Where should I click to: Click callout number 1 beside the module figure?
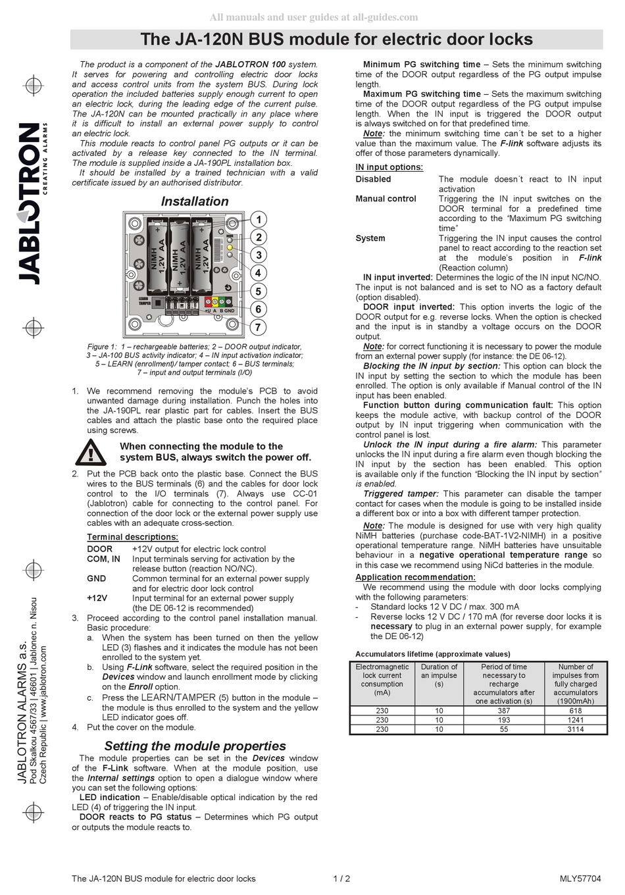tap(259, 220)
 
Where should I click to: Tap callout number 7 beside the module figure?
tap(259, 327)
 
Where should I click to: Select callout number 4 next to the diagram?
tap(259, 273)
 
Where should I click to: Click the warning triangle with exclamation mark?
tap(91, 452)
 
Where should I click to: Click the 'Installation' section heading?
tap(195, 201)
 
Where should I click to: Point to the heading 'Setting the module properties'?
tap(195, 746)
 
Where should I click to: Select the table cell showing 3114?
tap(575, 729)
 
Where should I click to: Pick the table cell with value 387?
tap(504, 711)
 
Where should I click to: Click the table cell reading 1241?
tap(575, 720)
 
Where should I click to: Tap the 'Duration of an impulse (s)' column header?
tap(439, 675)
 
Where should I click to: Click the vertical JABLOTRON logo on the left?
tap(30, 204)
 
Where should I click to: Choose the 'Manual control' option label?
tap(386, 199)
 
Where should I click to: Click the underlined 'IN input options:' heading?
tap(389, 167)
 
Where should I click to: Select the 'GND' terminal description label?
tap(96, 578)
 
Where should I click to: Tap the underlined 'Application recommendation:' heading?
tap(415, 577)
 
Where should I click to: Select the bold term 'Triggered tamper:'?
tap(400, 494)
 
